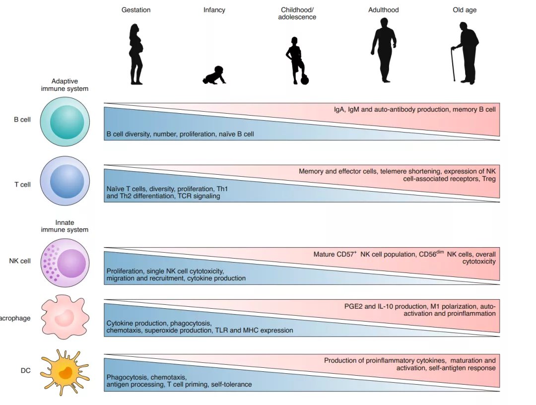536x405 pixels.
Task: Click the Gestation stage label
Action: tap(136, 10)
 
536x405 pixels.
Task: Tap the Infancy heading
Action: tap(214, 10)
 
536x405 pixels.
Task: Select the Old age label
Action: tap(465, 10)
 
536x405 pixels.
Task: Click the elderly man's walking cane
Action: tap(454, 65)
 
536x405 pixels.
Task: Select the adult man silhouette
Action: tap(384, 50)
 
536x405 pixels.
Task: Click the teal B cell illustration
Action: tap(65, 122)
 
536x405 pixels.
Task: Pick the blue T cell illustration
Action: tap(65, 181)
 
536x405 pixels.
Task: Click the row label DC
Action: tap(25, 371)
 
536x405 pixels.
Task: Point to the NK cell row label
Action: tap(20, 261)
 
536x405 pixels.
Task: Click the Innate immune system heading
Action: tap(65, 226)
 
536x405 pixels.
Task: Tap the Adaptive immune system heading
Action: tap(65, 85)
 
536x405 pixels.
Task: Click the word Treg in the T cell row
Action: tap(488, 179)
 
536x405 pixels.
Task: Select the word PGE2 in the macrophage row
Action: tap(353, 306)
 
